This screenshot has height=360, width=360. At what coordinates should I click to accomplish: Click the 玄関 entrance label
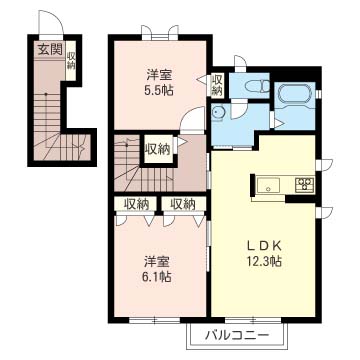50,50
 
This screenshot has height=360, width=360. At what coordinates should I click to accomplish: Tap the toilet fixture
257,86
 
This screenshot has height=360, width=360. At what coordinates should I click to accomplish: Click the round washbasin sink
218,112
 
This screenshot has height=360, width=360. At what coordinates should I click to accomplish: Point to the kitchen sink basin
268,185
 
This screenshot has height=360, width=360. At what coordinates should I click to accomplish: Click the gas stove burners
305,184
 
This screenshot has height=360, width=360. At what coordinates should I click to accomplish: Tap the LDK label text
264,247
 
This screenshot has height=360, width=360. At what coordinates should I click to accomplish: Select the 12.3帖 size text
264,261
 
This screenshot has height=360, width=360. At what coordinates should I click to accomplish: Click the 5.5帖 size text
159,90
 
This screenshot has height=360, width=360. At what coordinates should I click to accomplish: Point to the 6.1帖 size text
157,276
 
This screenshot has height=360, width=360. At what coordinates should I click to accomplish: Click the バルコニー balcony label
236,334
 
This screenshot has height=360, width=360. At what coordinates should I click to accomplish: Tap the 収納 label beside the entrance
70,60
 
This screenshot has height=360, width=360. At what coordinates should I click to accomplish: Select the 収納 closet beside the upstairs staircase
157,149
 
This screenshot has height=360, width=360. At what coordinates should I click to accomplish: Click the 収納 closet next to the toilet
217,85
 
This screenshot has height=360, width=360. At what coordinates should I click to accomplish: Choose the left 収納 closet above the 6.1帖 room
136,204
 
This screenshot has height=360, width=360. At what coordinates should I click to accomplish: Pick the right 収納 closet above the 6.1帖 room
182,204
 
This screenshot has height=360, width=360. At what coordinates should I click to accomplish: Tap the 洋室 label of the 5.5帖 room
160,75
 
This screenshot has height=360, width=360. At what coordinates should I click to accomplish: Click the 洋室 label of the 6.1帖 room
157,262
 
